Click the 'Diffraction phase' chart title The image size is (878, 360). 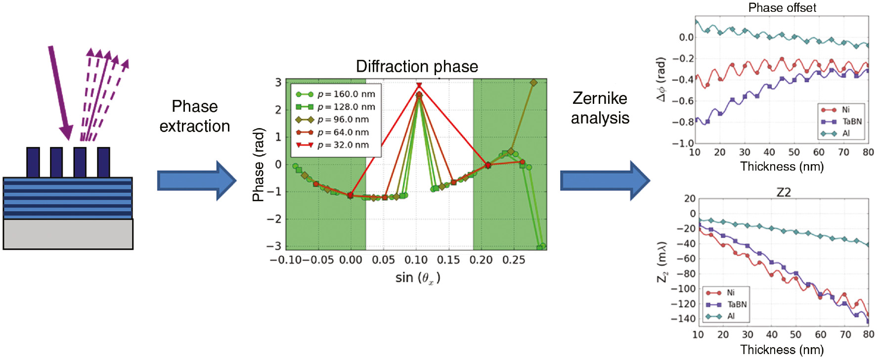(x=417, y=66)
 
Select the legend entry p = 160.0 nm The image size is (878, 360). (x=335, y=94)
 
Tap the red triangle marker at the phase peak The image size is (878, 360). (x=419, y=86)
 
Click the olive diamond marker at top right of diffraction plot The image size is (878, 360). (x=533, y=83)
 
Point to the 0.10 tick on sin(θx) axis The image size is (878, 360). (x=416, y=260)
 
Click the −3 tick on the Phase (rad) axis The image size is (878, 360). (x=278, y=246)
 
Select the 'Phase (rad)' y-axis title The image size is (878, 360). (x=258, y=165)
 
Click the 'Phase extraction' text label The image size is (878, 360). (x=194, y=116)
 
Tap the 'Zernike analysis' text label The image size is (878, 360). (x=600, y=108)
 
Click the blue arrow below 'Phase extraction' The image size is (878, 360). (x=196, y=180)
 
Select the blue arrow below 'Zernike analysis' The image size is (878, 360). (x=604, y=180)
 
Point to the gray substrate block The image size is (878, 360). (x=68, y=234)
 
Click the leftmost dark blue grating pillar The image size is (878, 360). (x=33, y=162)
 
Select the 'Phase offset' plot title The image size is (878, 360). (x=782, y=7)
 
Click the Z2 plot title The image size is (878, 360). (x=784, y=192)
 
